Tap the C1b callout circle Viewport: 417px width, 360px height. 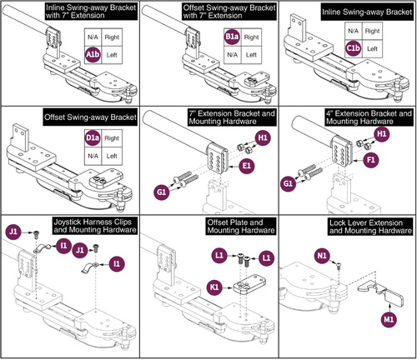click(354, 49)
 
